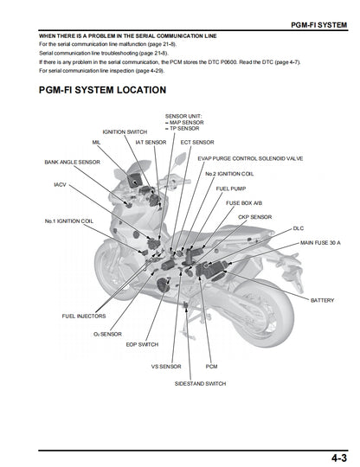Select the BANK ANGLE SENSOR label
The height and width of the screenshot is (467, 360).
(x=72, y=162)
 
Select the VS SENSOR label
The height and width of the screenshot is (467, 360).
(x=165, y=366)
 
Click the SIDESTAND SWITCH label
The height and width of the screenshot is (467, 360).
(x=200, y=383)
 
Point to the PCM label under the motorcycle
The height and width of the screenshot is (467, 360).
(x=211, y=366)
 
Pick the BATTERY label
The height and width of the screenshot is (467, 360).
(x=322, y=299)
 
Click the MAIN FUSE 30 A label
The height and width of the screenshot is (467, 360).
(x=319, y=243)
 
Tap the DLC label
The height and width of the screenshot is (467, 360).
(x=299, y=228)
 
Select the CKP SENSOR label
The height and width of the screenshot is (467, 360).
(x=254, y=216)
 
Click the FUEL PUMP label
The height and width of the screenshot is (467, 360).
(x=230, y=188)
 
